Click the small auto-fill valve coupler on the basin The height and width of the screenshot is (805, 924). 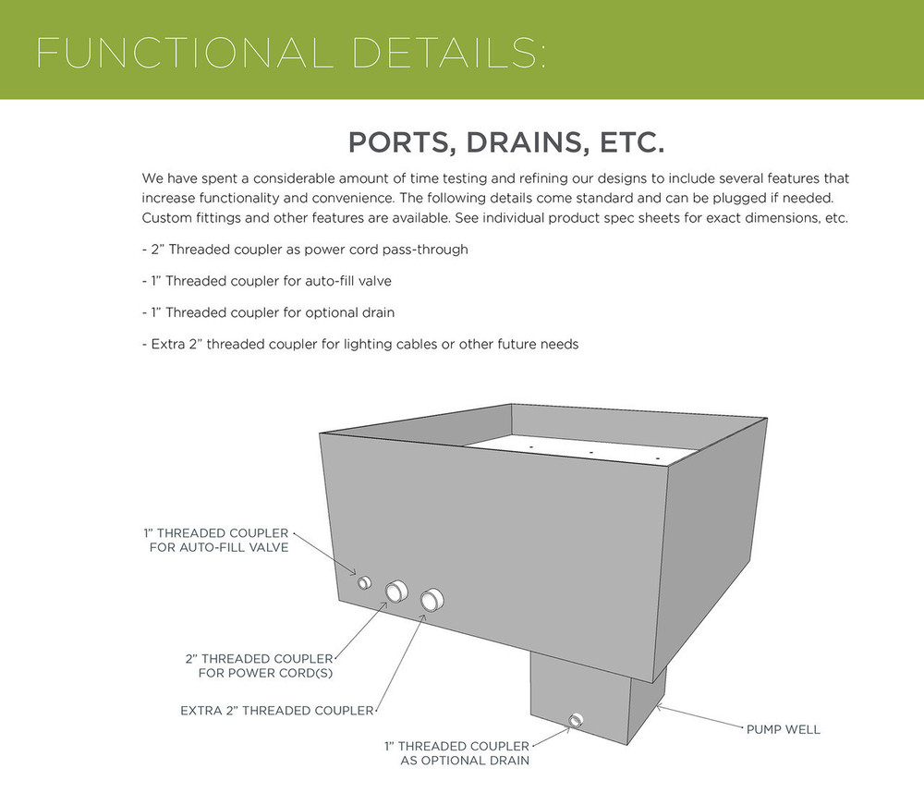click(x=364, y=582)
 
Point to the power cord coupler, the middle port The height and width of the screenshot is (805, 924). click(x=396, y=590)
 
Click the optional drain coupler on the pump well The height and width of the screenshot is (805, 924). click(x=577, y=720)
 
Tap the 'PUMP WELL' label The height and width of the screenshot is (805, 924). click(x=783, y=729)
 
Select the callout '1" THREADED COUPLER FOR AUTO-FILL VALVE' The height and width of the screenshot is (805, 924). click(x=215, y=541)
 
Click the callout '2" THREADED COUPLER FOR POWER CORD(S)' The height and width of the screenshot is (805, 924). click(x=259, y=665)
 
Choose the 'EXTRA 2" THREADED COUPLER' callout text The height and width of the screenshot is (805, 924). click(x=276, y=711)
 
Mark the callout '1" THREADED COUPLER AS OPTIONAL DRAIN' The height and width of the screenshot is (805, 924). click(x=456, y=753)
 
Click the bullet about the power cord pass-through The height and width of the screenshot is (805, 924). click(x=305, y=250)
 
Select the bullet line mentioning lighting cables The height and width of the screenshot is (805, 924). click(x=360, y=344)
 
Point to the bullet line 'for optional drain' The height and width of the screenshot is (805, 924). click(x=269, y=312)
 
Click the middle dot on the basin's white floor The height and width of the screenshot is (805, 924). click(x=590, y=453)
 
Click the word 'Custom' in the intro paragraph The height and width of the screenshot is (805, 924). click(x=166, y=218)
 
